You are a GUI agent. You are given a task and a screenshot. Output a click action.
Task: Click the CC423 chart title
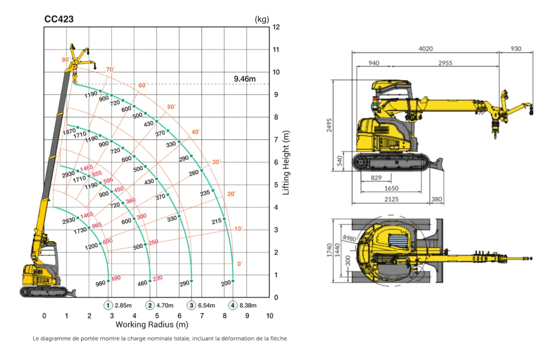click(59, 19)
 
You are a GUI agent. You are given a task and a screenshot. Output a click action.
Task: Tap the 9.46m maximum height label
click(244, 79)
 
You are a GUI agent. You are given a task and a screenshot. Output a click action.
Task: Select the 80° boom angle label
click(66, 60)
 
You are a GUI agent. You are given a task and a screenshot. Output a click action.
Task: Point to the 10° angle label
click(238, 229)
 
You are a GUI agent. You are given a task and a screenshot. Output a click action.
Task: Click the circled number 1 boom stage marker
click(108, 305)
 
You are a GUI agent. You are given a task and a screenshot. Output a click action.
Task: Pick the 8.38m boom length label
click(248, 306)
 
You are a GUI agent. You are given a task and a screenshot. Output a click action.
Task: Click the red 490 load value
click(116, 278)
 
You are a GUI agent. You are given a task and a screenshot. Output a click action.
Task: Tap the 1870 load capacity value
click(69, 132)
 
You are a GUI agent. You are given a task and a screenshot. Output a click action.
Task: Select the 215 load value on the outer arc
click(216, 221)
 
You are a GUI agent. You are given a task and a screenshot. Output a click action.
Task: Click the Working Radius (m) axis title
click(152, 324)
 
